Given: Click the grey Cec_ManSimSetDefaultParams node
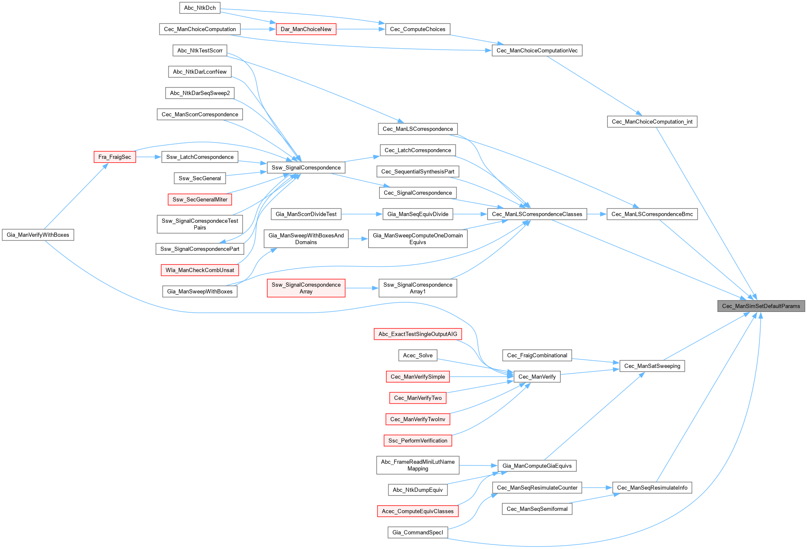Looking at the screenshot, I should [x=761, y=306].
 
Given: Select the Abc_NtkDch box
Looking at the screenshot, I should [x=200, y=8].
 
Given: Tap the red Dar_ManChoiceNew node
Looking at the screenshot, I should [x=306, y=29].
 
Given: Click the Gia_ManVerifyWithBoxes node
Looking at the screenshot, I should [x=38, y=235].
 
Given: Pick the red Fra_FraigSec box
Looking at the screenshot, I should [x=114, y=157].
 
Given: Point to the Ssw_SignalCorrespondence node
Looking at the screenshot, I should [x=306, y=168].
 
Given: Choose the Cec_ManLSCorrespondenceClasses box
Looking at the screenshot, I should [x=537, y=214].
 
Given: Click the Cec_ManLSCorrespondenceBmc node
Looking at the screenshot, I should [x=652, y=214].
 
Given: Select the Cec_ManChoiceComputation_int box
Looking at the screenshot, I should [x=652, y=122].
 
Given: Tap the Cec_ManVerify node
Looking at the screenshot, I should [x=537, y=377].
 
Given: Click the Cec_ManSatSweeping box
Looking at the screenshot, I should [x=652, y=366].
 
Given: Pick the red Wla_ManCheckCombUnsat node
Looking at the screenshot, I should [x=200, y=270].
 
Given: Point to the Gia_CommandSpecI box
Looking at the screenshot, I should [x=417, y=533].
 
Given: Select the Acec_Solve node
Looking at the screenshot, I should [x=417, y=356].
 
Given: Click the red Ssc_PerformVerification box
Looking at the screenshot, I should [x=417, y=441].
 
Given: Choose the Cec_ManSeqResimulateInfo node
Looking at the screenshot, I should [x=652, y=488].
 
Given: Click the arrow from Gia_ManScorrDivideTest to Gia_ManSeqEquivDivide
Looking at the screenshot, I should [x=361, y=214].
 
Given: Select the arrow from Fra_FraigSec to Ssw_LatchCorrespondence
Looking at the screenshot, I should [x=148, y=157].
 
